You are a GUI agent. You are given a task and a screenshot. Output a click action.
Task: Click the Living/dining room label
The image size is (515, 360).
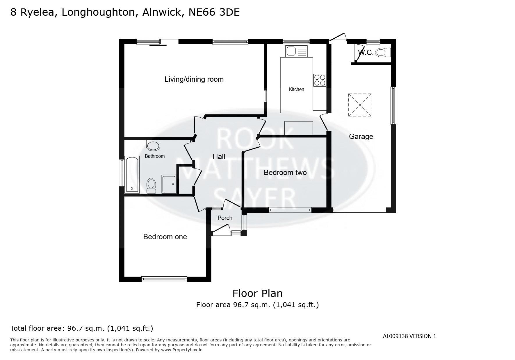194,79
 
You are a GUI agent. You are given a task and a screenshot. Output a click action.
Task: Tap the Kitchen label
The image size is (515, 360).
296,89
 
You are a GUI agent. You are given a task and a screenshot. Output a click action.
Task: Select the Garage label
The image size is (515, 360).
361,136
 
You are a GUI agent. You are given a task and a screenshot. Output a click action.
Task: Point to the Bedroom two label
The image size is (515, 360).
285,173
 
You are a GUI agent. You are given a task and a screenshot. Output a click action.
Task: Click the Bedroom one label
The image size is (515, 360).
165,237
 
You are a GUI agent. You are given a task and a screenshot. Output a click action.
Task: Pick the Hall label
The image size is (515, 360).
219,157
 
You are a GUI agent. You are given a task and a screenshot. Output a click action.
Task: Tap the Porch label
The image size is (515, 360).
225,218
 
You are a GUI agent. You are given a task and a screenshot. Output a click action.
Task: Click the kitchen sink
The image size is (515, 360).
296,51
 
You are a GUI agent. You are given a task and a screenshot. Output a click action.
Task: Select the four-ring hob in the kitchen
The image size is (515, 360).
320,80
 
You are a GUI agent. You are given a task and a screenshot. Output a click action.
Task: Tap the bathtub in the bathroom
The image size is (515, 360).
132,175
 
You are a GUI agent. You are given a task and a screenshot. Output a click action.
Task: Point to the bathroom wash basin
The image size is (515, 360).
153,145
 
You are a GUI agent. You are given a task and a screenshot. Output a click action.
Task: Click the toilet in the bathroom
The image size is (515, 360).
151,185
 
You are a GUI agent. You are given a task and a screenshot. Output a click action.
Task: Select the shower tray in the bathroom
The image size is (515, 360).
169,184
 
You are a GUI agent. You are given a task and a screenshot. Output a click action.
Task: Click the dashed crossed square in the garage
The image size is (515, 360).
360,105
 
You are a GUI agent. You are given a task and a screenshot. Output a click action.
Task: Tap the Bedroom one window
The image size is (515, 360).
164,279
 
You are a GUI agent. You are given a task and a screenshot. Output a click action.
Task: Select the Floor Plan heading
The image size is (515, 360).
257,293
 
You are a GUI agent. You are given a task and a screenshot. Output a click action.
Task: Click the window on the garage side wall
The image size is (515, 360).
393,105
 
